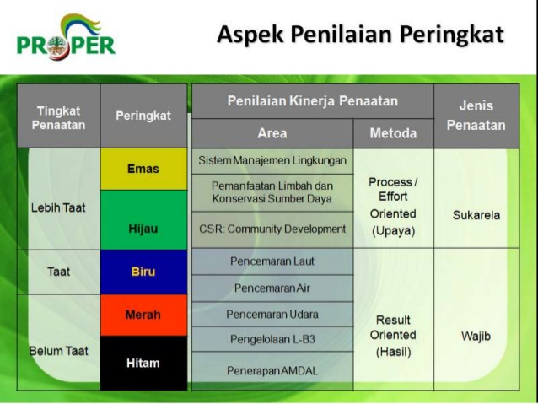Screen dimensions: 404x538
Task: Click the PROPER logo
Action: (66, 39)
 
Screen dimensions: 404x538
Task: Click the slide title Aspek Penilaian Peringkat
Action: (360, 35)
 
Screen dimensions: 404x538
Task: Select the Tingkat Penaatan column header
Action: (58, 116)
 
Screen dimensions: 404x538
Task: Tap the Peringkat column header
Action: (143, 116)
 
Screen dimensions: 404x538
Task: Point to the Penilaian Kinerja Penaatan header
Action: (312, 101)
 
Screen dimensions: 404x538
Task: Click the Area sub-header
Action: (272, 133)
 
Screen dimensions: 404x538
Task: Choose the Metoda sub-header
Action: (393, 133)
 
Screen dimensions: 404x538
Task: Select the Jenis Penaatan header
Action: (476, 116)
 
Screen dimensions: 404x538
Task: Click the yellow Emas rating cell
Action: (143, 169)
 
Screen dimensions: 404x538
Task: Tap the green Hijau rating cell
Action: (143, 219)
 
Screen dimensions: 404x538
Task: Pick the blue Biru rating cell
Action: (143, 272)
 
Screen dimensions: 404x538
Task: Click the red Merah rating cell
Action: (143, 315)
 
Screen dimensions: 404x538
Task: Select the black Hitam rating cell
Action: (143, 363)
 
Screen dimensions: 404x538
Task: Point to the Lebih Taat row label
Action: (58, 207)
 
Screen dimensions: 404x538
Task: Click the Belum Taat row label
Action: (58, 351)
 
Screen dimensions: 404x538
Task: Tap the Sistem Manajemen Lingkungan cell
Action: (272, 160)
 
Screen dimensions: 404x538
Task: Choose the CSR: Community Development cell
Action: (272, 229)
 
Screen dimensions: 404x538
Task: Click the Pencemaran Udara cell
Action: (272, 314)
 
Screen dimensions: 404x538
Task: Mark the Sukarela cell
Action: (476, 215)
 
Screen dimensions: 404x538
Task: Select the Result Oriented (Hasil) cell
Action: (393, 336)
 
